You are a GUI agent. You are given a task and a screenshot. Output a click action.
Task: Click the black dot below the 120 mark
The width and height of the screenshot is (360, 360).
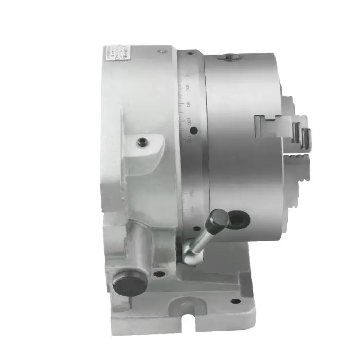191,132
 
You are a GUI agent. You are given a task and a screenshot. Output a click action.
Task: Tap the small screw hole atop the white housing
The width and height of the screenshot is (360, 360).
162,51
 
